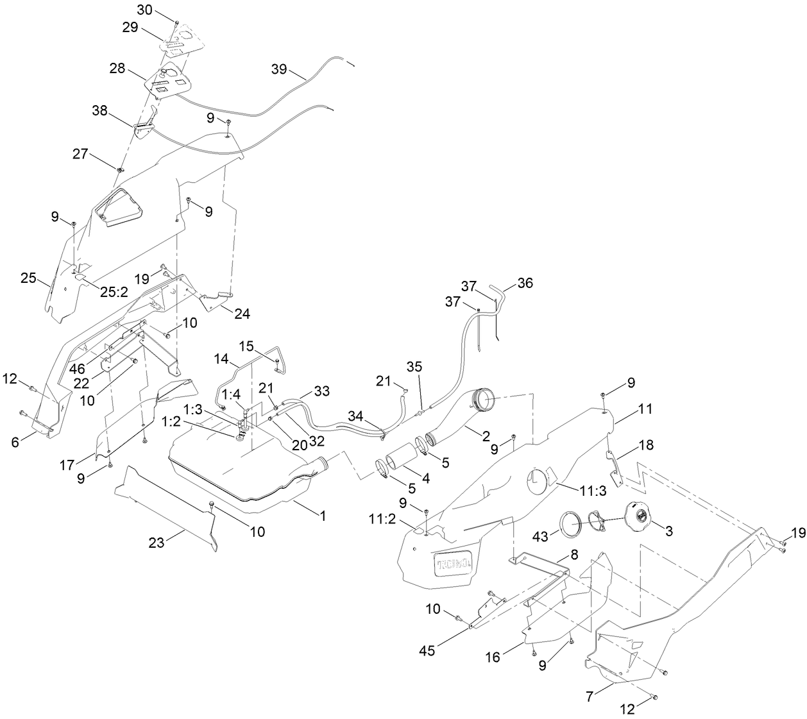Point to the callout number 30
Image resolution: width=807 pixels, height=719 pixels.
point(146,10)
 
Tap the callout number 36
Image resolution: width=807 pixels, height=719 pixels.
point(525,283)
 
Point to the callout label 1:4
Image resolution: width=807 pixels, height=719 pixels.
point(232,393)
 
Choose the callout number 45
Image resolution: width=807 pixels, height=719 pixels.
point(427,650)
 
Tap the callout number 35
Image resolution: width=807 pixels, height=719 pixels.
point(415,366)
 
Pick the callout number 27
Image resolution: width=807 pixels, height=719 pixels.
point(80,153)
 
